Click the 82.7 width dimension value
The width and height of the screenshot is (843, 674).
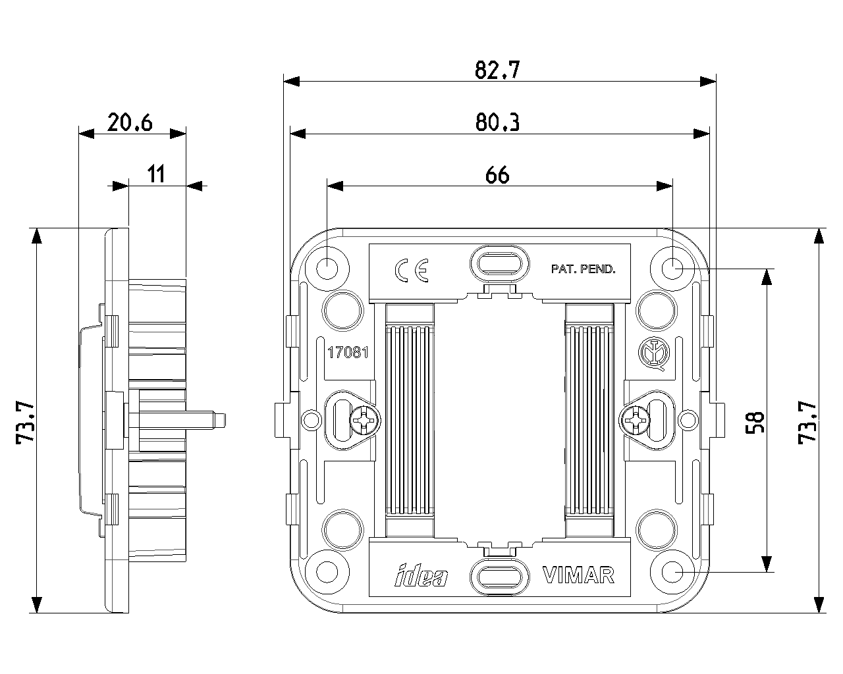497,70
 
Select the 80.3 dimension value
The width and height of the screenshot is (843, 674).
497,122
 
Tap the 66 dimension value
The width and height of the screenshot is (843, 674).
497,175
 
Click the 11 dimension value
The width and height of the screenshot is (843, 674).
155,175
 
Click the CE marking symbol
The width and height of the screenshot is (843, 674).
412,270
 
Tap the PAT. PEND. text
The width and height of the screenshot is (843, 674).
583,269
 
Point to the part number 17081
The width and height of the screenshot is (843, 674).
347,352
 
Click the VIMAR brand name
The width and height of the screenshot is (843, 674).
578,575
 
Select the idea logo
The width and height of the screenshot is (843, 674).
421,576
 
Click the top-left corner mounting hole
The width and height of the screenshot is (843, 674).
327,268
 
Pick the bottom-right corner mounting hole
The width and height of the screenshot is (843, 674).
672,572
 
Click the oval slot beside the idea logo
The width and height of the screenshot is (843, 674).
499,577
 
